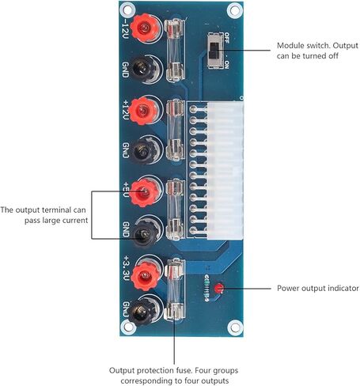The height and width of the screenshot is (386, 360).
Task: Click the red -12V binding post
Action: [x=144, y=28]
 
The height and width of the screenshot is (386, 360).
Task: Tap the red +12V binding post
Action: [x=143, y=110]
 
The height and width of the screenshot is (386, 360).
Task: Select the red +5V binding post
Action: [x=144, y=193]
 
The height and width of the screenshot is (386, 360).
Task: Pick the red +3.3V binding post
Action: [x=145, y=276]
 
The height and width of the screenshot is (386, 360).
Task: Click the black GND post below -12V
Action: [x=145, y=69]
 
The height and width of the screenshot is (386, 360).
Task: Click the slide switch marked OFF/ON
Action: [x=214, y=51]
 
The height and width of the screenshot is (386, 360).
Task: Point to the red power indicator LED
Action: [x=218, y=288]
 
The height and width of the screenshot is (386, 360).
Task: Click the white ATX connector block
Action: [x=225, y=171]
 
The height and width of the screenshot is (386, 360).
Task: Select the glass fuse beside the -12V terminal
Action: [x=174, y=50]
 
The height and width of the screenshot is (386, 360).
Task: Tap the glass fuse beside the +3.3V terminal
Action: [x=174, y=289]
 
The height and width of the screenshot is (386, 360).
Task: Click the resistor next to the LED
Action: [x=207, y=288]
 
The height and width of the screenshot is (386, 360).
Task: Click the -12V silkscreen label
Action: [x=125, y=28]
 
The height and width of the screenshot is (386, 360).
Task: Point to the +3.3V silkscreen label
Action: [x=126, y=268]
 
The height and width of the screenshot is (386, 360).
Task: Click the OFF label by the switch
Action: [x=226, y=38]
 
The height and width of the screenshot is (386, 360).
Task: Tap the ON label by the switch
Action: [x=226, y=65]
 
